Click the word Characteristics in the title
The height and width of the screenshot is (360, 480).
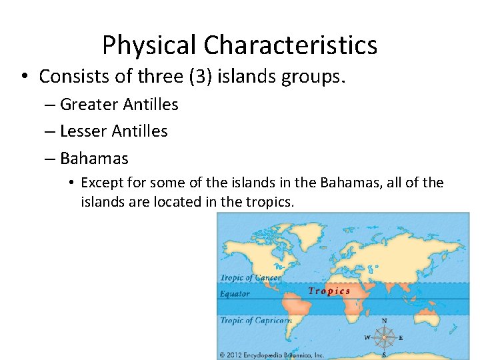(x=291, y=45)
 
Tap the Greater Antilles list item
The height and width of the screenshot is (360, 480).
(x=119, y=105)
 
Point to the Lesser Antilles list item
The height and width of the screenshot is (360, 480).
(x=113, y=131)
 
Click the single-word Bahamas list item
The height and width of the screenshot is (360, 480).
(x=94, y=159)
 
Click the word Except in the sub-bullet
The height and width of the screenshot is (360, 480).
(x=102, y=183)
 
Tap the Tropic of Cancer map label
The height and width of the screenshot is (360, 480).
(x=251, y=278)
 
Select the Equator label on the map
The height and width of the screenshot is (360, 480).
(x=235, y=293)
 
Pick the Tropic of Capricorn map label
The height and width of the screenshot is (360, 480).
(x=255, y=321)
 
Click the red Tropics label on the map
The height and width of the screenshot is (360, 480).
(x=329, y=291)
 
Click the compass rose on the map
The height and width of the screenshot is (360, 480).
(x=384, y=337)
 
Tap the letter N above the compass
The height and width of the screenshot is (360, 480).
(x=384, y=321)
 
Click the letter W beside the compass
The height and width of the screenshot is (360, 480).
(x=367, y=337)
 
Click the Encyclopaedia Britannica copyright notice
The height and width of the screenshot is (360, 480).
(x=272, y=355)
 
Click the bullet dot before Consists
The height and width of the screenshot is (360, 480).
(x=24, y=77)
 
